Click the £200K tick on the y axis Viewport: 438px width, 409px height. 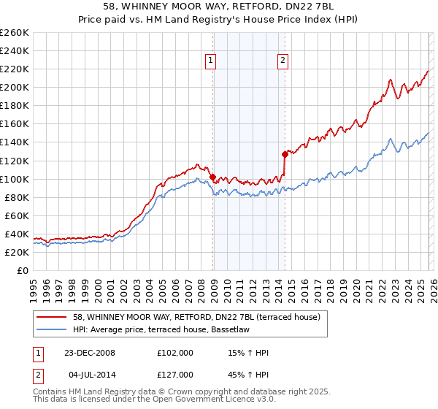(15, 87)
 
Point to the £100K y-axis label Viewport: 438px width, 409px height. (15, 179)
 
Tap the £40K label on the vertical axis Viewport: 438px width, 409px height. (17, 234)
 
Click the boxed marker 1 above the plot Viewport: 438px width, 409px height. (210, 61)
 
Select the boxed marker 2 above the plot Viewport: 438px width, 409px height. (283, 61)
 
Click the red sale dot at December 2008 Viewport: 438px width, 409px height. (212, 177)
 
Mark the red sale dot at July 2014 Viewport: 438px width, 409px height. (284, 154)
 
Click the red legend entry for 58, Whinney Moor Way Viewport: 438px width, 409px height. (191, 316)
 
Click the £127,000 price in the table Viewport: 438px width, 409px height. (174, 375)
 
